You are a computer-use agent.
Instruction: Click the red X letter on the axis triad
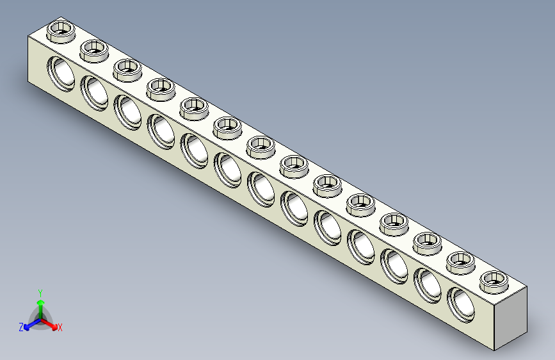[60, 328]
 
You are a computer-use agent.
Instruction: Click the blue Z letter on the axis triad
[21, 327]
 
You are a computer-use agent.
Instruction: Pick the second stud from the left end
[94, 49]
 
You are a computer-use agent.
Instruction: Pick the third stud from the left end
[127, 68]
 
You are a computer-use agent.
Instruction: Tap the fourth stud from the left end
[161, 87]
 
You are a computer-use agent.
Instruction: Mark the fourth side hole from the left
[161, 129]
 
